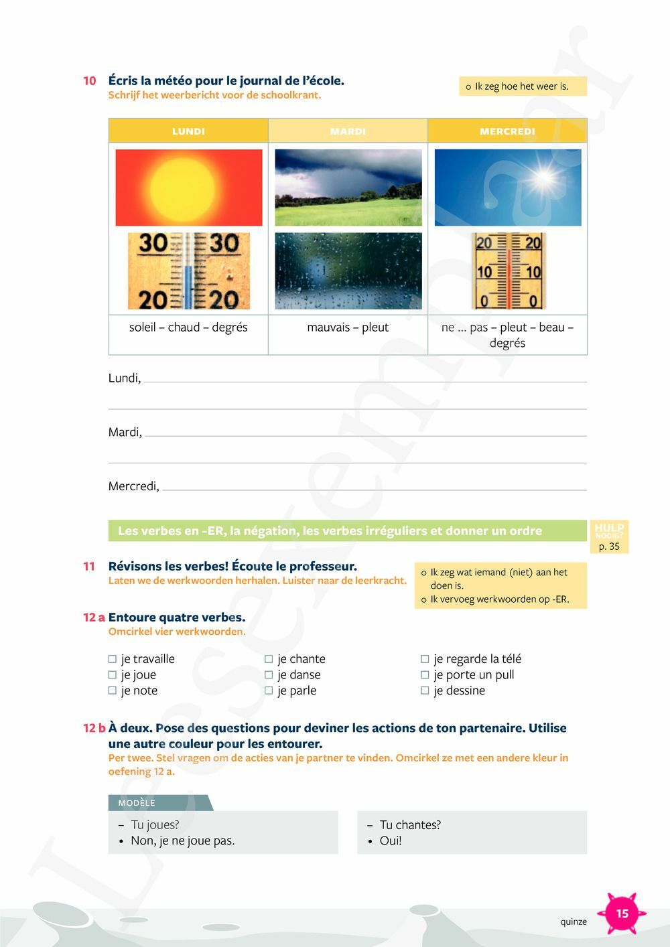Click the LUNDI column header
click(x=188, y=131)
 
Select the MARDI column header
click(x=348, y=131)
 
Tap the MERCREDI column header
click(x=507, y=131)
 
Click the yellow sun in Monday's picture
click(x=182, y=188)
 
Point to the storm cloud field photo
click(x=348, y=188)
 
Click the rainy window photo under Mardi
click(x=348, y=271)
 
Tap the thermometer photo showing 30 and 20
click(x=189, y=271)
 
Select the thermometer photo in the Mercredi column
click(x=509, y=271)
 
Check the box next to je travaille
click(x=113, y=659)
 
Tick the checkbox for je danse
click(x=269, y=675)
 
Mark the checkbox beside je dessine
click(x=425, y=690)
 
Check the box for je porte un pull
click(x=425, y=675)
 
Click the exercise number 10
click(x=90, y=81)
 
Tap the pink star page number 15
click(x=622, y=914)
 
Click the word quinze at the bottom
click(x=574, y=922)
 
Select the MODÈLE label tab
click(x=137, y=803)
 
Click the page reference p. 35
click(x=609, y=547)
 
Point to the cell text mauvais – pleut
click(x=348, y=327)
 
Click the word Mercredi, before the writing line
click(x=134, y=486)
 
